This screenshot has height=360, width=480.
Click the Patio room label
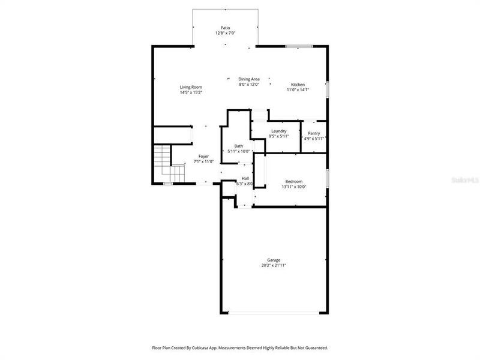pyautogui.click(x=225, y=28)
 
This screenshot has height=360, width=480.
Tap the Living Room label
pyautogui.click(x=191, y=87)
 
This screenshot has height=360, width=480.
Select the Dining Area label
pyautogui.click(x=249, y=79)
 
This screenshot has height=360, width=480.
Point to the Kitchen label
pyautogui.click(x=298, y=85)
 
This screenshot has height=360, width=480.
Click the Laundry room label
pyautogui.click(x=278, y=131)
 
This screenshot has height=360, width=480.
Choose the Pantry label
pyautogui.click(x=314, y=133)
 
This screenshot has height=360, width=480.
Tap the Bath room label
pyautogui.click(x=239, y=146)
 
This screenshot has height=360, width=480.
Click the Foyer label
pyautogui.click(x=204, y=156)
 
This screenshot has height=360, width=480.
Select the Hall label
pyautogui.click(x=245, y=178)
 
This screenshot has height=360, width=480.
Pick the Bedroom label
pyautogui.click(x=293, y=181)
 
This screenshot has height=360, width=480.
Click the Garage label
pyautogui.click(x=274, y=260)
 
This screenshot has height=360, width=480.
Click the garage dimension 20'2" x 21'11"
pyautogui.click(x=274, y=265)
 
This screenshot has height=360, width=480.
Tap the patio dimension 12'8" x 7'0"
pyautogui.click(x=225, y=33)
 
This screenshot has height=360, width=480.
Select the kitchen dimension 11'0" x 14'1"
pyautogui.click(x=298, y=90)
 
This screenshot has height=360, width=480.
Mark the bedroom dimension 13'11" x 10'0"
pyautogui.click(x=293, y=187)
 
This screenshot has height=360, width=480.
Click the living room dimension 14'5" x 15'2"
pyautogui.click(x=191, y=92)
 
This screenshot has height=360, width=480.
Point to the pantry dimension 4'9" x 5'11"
pyautogui.click(x=314, y=139)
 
